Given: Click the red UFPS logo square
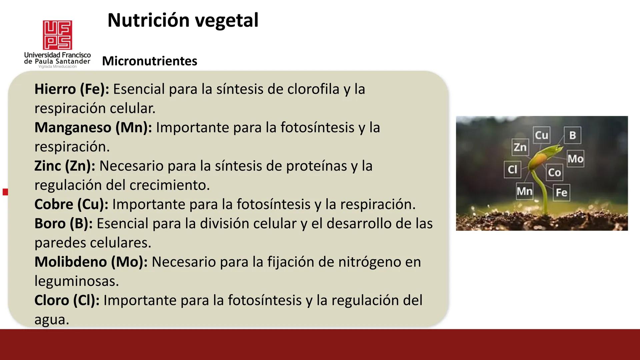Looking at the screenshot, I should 57,35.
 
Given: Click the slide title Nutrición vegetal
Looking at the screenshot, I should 183,20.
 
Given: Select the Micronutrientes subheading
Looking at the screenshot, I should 149,61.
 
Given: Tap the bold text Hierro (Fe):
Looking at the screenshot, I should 72,89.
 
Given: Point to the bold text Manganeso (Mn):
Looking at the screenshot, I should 93,127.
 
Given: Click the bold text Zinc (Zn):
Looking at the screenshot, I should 65,166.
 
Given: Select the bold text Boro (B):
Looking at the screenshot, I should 63,223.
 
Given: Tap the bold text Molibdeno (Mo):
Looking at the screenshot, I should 91,262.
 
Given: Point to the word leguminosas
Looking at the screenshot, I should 76,281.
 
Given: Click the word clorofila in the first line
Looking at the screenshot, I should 313,89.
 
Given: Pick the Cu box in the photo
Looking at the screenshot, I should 541,135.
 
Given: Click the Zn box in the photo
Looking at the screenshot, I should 520,147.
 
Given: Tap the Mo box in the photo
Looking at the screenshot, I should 575,159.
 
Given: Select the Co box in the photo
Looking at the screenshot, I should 554,172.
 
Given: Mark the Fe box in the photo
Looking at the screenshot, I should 561,192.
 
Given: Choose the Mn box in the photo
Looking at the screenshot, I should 524,191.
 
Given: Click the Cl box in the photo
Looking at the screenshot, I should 512,169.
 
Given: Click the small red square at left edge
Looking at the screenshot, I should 5,192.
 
